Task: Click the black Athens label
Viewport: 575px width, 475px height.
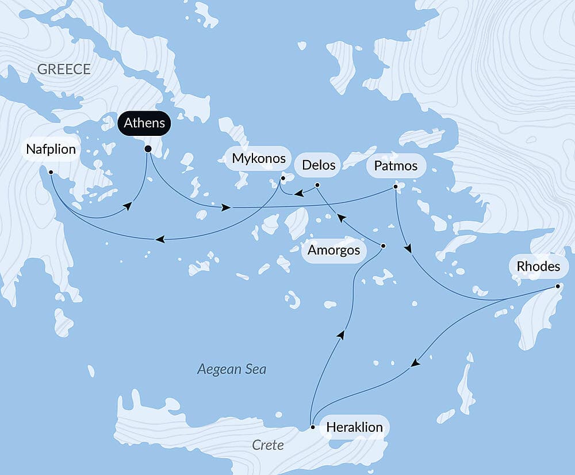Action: click(x=144, y=123)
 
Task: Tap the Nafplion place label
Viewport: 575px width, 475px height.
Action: click(x=51, y=150)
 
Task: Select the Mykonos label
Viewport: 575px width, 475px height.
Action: click(x=259, y=158)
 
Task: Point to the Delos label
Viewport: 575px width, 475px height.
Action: click(x=318, y=165)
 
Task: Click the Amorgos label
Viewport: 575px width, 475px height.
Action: click(x=334, y=250)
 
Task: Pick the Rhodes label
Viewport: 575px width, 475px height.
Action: click(x=538, y=267)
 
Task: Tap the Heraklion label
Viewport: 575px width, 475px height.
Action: click(x=354, y=428)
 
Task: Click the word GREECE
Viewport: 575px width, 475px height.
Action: click(x=64, y=70)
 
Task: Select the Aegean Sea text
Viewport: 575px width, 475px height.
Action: click(x=232, y=369)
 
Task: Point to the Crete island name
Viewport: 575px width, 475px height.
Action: click(x=268, y=446)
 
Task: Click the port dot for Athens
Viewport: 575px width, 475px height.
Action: click(x=148, y=149)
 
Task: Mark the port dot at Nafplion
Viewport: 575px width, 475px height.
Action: click(x=51, y=172)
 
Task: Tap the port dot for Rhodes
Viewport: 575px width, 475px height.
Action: click(x=558, y=287)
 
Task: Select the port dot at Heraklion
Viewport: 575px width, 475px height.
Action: click(x=312, y=427)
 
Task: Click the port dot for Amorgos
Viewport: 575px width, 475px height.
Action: click(x=384, y=246)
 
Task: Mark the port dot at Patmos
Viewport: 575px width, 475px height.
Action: click(x=395, y=187)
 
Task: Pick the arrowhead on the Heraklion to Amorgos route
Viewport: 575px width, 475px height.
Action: click(x=342, y=335)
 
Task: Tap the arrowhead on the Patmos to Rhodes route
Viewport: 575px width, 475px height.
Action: click(x=409, y=249)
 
